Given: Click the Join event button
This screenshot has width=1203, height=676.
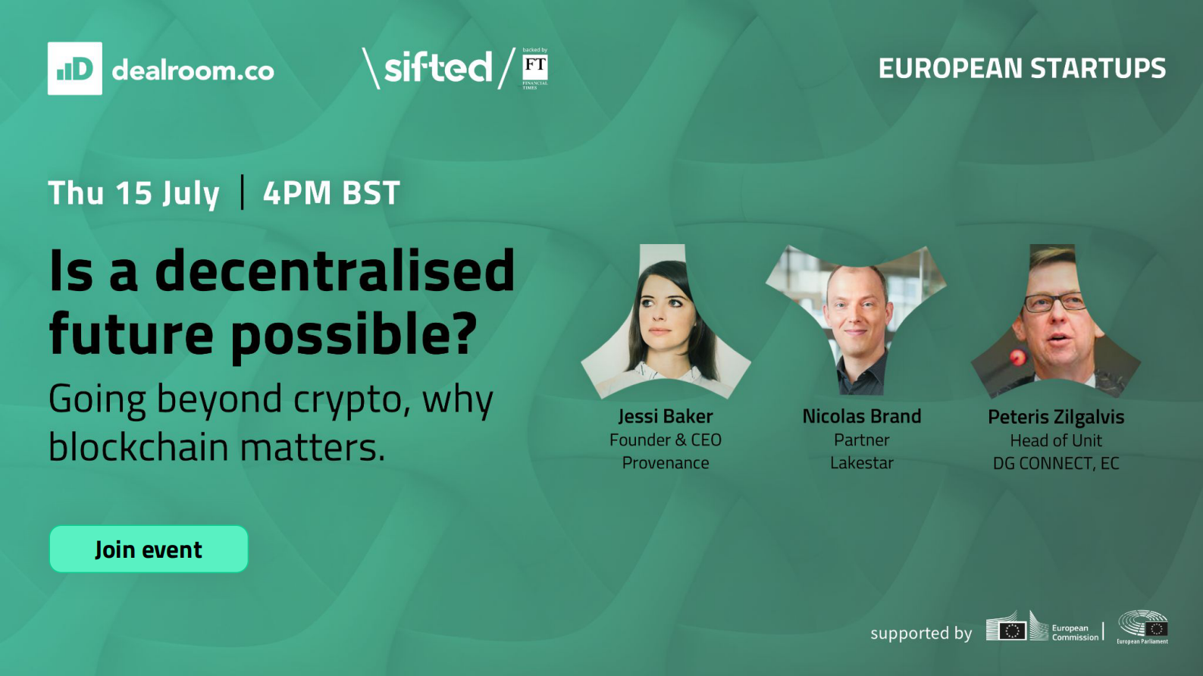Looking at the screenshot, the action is [149, 549].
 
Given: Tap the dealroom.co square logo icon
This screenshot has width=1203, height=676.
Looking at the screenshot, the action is [74, 68].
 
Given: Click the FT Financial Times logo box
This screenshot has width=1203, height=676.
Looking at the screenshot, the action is [535, 69].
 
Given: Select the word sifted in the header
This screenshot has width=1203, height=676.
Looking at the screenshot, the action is [437, 67].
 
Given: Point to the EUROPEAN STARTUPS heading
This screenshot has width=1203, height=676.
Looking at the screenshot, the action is [1022, 68].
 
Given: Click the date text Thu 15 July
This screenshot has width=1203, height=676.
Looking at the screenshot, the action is [133, 192].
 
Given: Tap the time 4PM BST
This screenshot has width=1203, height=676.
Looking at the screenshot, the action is [331, 192].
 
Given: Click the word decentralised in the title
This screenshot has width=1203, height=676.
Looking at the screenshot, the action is [334, 271].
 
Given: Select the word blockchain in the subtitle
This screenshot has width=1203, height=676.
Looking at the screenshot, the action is [139, 446].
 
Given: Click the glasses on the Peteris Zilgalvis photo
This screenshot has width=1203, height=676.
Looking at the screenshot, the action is [1054, 303].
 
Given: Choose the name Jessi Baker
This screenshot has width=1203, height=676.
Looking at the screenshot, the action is [666, 416].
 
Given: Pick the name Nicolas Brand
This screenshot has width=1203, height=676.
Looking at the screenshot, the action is [861, 416].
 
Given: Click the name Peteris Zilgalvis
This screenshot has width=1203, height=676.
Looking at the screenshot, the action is [1056, 417].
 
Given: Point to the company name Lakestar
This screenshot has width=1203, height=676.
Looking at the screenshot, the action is [861, 462].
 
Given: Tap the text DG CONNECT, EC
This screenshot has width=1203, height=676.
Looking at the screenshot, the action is [1056, 463].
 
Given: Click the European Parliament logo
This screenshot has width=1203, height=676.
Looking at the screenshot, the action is [1143, 627].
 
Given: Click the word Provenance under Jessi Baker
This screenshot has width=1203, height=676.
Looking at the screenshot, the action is [666, 462].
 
